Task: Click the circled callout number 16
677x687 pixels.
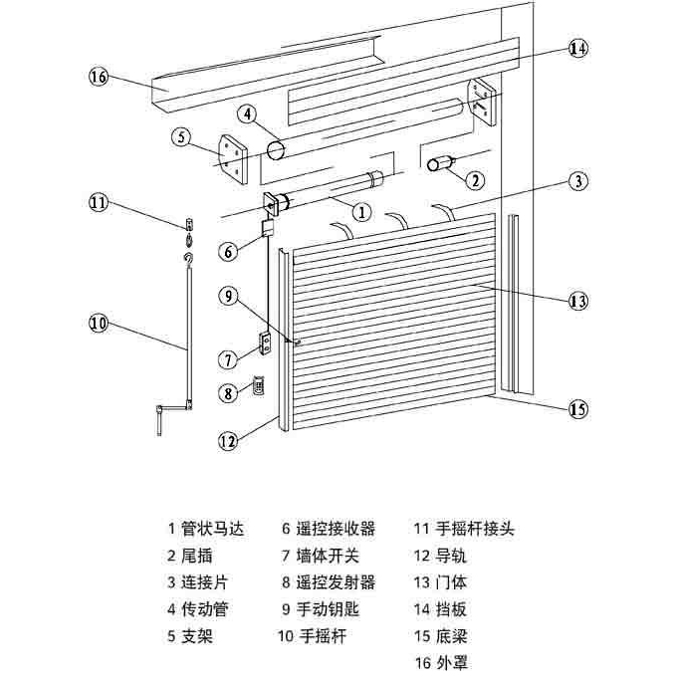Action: pos(98,78)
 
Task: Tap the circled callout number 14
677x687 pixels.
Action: pos(578,48)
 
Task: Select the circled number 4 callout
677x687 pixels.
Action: pos(246,114)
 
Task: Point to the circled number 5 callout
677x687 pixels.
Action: pos(180,137)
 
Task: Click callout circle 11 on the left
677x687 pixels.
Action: pos(98,203)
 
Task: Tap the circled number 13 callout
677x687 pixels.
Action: pos(578,302)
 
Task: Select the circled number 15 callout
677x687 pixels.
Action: pos(578,408)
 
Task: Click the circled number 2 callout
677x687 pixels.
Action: pos(475,180)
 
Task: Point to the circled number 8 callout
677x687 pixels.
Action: pos(228,392)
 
